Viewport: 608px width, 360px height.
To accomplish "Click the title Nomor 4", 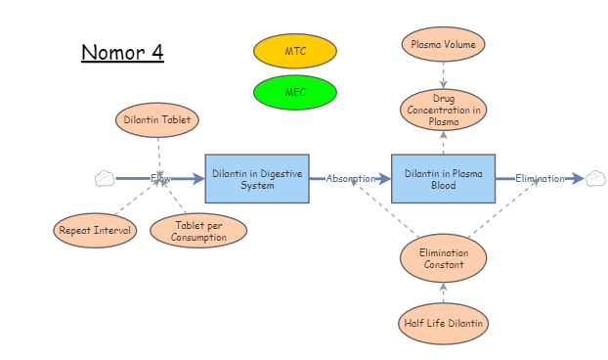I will (122, 53).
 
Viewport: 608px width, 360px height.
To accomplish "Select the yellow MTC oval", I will (294, 51).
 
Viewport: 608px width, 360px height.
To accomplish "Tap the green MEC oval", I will (294, 92).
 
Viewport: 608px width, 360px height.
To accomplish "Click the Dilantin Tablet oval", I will (157, 120).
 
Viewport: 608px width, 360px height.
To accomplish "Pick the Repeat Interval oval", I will (95, 231).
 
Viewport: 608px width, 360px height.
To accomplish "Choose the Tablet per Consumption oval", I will (198, 231).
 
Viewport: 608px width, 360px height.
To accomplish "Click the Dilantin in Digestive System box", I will (257, 179).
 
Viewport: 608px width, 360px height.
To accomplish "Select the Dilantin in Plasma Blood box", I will (443, 179).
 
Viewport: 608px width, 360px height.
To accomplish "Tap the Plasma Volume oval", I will (443, 44).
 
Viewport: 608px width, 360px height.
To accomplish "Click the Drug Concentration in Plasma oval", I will (443, 110).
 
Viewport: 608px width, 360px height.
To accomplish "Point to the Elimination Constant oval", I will (443, 258).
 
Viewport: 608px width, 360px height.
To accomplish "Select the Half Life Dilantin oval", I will (443, 323).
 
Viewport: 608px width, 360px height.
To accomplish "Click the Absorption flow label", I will (350, 179).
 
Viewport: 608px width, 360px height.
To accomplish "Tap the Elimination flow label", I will (540, 179).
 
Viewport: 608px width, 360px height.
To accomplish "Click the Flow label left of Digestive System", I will (160, 179).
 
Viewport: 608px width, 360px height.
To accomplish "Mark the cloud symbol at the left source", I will (105, 179).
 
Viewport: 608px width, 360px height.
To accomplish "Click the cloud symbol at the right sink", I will (595, 179).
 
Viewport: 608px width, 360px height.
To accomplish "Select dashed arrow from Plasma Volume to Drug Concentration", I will (443, 75).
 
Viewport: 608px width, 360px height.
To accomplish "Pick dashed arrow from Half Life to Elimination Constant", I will (443, 292).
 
